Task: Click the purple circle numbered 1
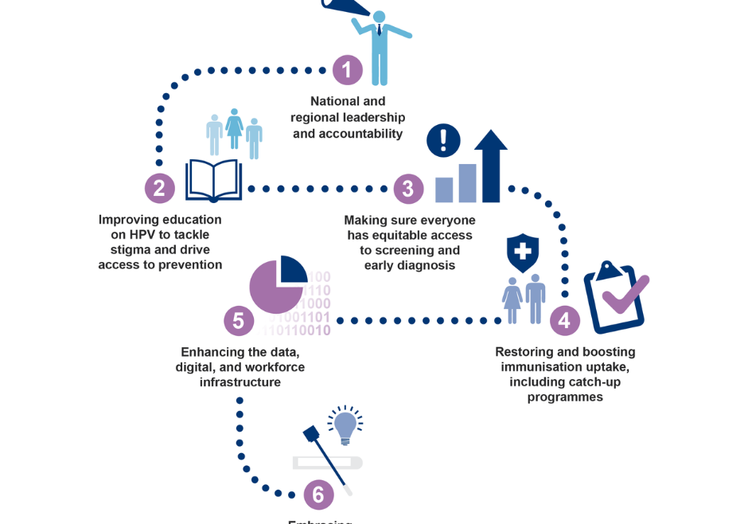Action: pos(347,71)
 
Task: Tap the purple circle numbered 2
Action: pos(159,188)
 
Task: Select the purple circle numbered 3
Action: pos(408,189)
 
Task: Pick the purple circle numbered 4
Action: pos(564,320)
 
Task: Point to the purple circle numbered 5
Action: pos(239,321)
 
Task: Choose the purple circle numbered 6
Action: pos(318,495)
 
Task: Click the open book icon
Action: pos(213,180)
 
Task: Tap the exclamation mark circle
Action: pos(443,140)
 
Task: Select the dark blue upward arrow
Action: pos(490,165)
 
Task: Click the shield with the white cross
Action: pos(523,252)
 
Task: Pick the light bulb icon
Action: pos(345,427)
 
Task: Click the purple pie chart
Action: pos(276,284)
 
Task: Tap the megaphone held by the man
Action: pos(345,6)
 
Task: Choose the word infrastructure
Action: pos(240,382)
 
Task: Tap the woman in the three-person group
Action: pos(234,129)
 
